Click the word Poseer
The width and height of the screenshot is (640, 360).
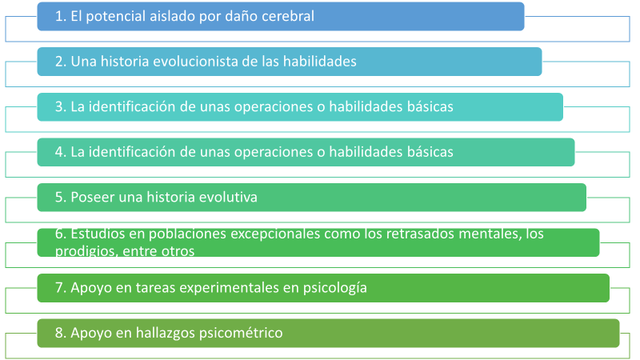[x=92, y=197]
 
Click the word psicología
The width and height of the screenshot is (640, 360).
[x=334, y=288]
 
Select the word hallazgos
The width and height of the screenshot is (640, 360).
[x=166, y=333]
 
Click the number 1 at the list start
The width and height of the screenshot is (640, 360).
[x=58, y=16]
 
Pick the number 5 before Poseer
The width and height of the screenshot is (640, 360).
[x=59, y=197]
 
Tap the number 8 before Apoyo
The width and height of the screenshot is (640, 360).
[x=59, y=333]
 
